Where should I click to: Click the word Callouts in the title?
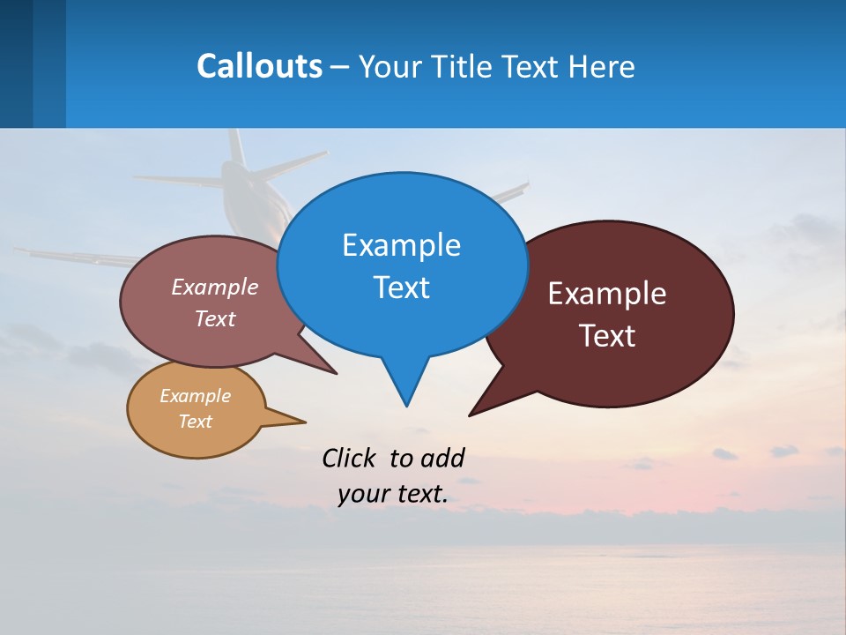click(259, 66)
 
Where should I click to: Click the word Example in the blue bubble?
click(401, 245)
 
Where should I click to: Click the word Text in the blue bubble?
click(401, 288)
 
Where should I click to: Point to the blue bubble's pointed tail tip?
click(406, 406)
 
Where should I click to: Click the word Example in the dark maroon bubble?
click(607, 294)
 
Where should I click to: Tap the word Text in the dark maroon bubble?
click(607, 336)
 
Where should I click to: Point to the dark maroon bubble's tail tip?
click(470, 415)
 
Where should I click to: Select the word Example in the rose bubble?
click(215, 288)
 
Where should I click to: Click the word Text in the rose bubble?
click(215, 318)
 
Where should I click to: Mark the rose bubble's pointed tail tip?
click(337, 373)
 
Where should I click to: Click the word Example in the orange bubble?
click(195, 396)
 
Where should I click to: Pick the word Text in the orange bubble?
click(195, 422)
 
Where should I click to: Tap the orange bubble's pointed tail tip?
click(305, 421)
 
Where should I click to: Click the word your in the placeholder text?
click(362, 494)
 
